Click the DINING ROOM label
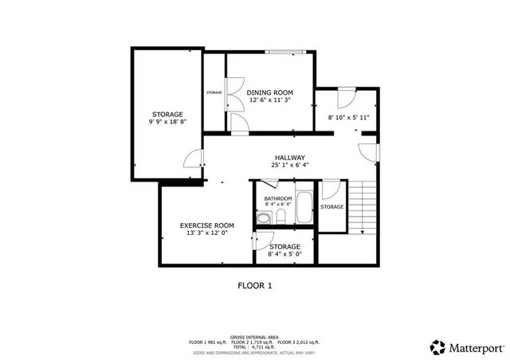click(270, 92)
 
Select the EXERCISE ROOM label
click(206, 225)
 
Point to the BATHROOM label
click(278, 198)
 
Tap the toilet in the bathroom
click(264, 217)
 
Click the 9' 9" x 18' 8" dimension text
click(167, 123)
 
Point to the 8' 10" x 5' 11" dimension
click(348, 118)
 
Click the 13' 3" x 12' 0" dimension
click(206, 234)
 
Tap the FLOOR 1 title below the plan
click(255, 284)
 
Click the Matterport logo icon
click(437, 346)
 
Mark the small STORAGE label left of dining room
click(214, 92)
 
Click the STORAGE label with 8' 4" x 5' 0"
click(284, 247)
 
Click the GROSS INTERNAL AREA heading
click(255, 337)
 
